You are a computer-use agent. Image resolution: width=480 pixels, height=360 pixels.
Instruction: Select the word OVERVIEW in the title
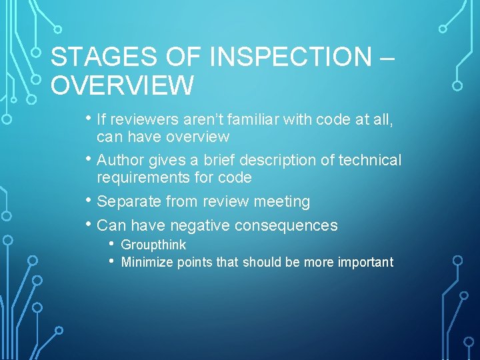point(123,86)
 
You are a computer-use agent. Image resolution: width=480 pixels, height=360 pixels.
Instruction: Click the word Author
point(121,161)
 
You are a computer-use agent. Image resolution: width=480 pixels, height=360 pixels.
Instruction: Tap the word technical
point(370,161)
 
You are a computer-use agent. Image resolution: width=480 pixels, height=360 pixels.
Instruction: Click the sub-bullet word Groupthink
point(153,245)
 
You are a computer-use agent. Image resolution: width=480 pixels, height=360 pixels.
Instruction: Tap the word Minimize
point(147,262)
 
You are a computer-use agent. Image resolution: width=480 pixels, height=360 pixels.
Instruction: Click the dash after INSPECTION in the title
point(385,57)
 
